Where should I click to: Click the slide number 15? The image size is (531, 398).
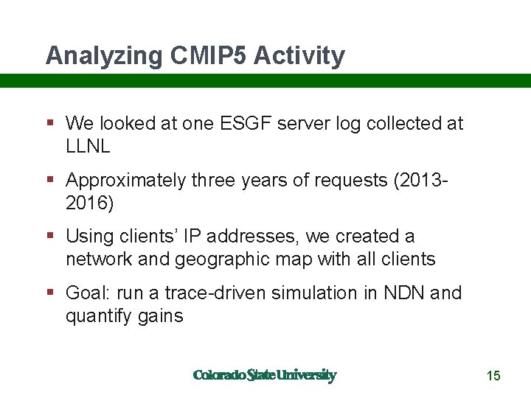click(493, 376)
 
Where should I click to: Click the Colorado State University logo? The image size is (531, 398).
click(264, 375)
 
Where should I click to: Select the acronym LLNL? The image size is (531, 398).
click(88, 146)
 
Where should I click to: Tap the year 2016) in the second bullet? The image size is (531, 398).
click(90, 203)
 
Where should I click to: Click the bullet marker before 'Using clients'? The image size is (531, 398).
click(49, 237)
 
